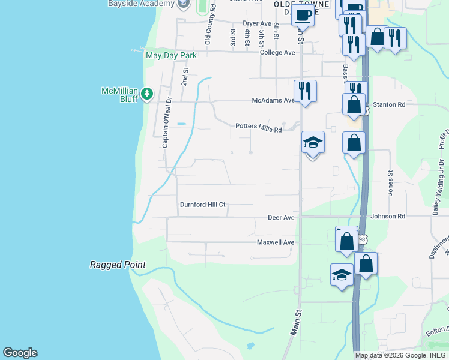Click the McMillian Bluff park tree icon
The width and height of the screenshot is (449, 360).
pos(147,94)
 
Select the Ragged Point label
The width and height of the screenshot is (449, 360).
pos(118,265)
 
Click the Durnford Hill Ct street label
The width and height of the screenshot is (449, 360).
pos(202,205)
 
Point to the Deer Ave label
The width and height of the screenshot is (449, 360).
pos(281,217)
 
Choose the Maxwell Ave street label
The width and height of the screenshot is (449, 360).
pos(276,242)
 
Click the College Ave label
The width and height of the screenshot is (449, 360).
pos(278,53)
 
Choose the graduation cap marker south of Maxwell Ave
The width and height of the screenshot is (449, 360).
pos(342,275)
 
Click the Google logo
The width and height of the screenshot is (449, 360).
pos(20,353)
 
